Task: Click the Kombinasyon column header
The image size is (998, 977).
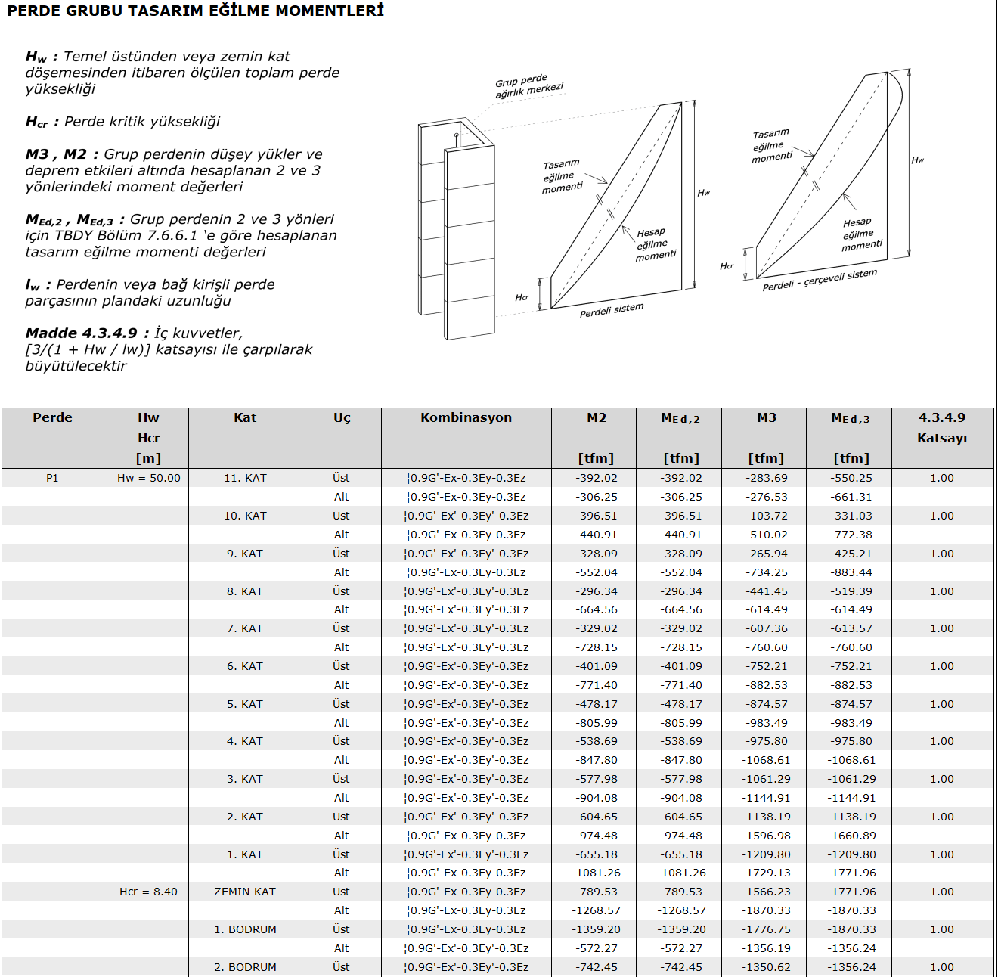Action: click(x=466, y=417)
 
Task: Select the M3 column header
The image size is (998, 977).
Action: click(x=766, y=417)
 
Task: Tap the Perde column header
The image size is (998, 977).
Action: click(x=52, y=417)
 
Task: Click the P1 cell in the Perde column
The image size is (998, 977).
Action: click(x=52, y=478)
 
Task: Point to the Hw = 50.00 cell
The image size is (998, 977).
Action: click(x=148, y=478)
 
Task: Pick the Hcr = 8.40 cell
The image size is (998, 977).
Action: click(x=148, y=892)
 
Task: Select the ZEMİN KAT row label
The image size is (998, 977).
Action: click(x=245, y=892)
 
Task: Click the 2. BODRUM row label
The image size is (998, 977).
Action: click(x=245, y=967)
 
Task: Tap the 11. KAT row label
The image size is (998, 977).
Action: click(x=245, y=478)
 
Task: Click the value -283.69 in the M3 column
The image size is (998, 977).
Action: click(x=767, y=478)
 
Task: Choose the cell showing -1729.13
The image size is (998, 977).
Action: click(x=767, y=873)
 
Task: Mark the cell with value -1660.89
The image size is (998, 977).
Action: click(x=851, y=836)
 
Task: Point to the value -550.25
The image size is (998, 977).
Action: click(x=851, y=478)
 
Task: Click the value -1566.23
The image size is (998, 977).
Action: click(x=767, y=892)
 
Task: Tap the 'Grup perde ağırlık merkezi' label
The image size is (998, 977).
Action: click(x=528, y=85)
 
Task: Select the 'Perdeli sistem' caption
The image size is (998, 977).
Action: click(x=612, y=310)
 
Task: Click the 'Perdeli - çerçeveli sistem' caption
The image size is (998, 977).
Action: click(x=820, y=280)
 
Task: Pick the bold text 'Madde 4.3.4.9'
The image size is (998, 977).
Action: click(x=82, y=333)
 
